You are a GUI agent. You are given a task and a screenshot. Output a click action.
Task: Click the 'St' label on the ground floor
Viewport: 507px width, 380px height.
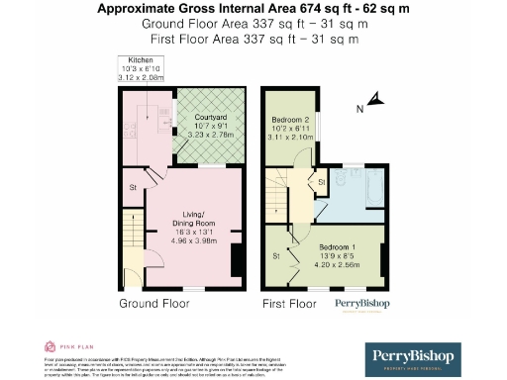(130, 186)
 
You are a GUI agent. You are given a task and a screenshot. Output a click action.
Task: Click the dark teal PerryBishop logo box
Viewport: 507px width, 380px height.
(417, 358)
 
